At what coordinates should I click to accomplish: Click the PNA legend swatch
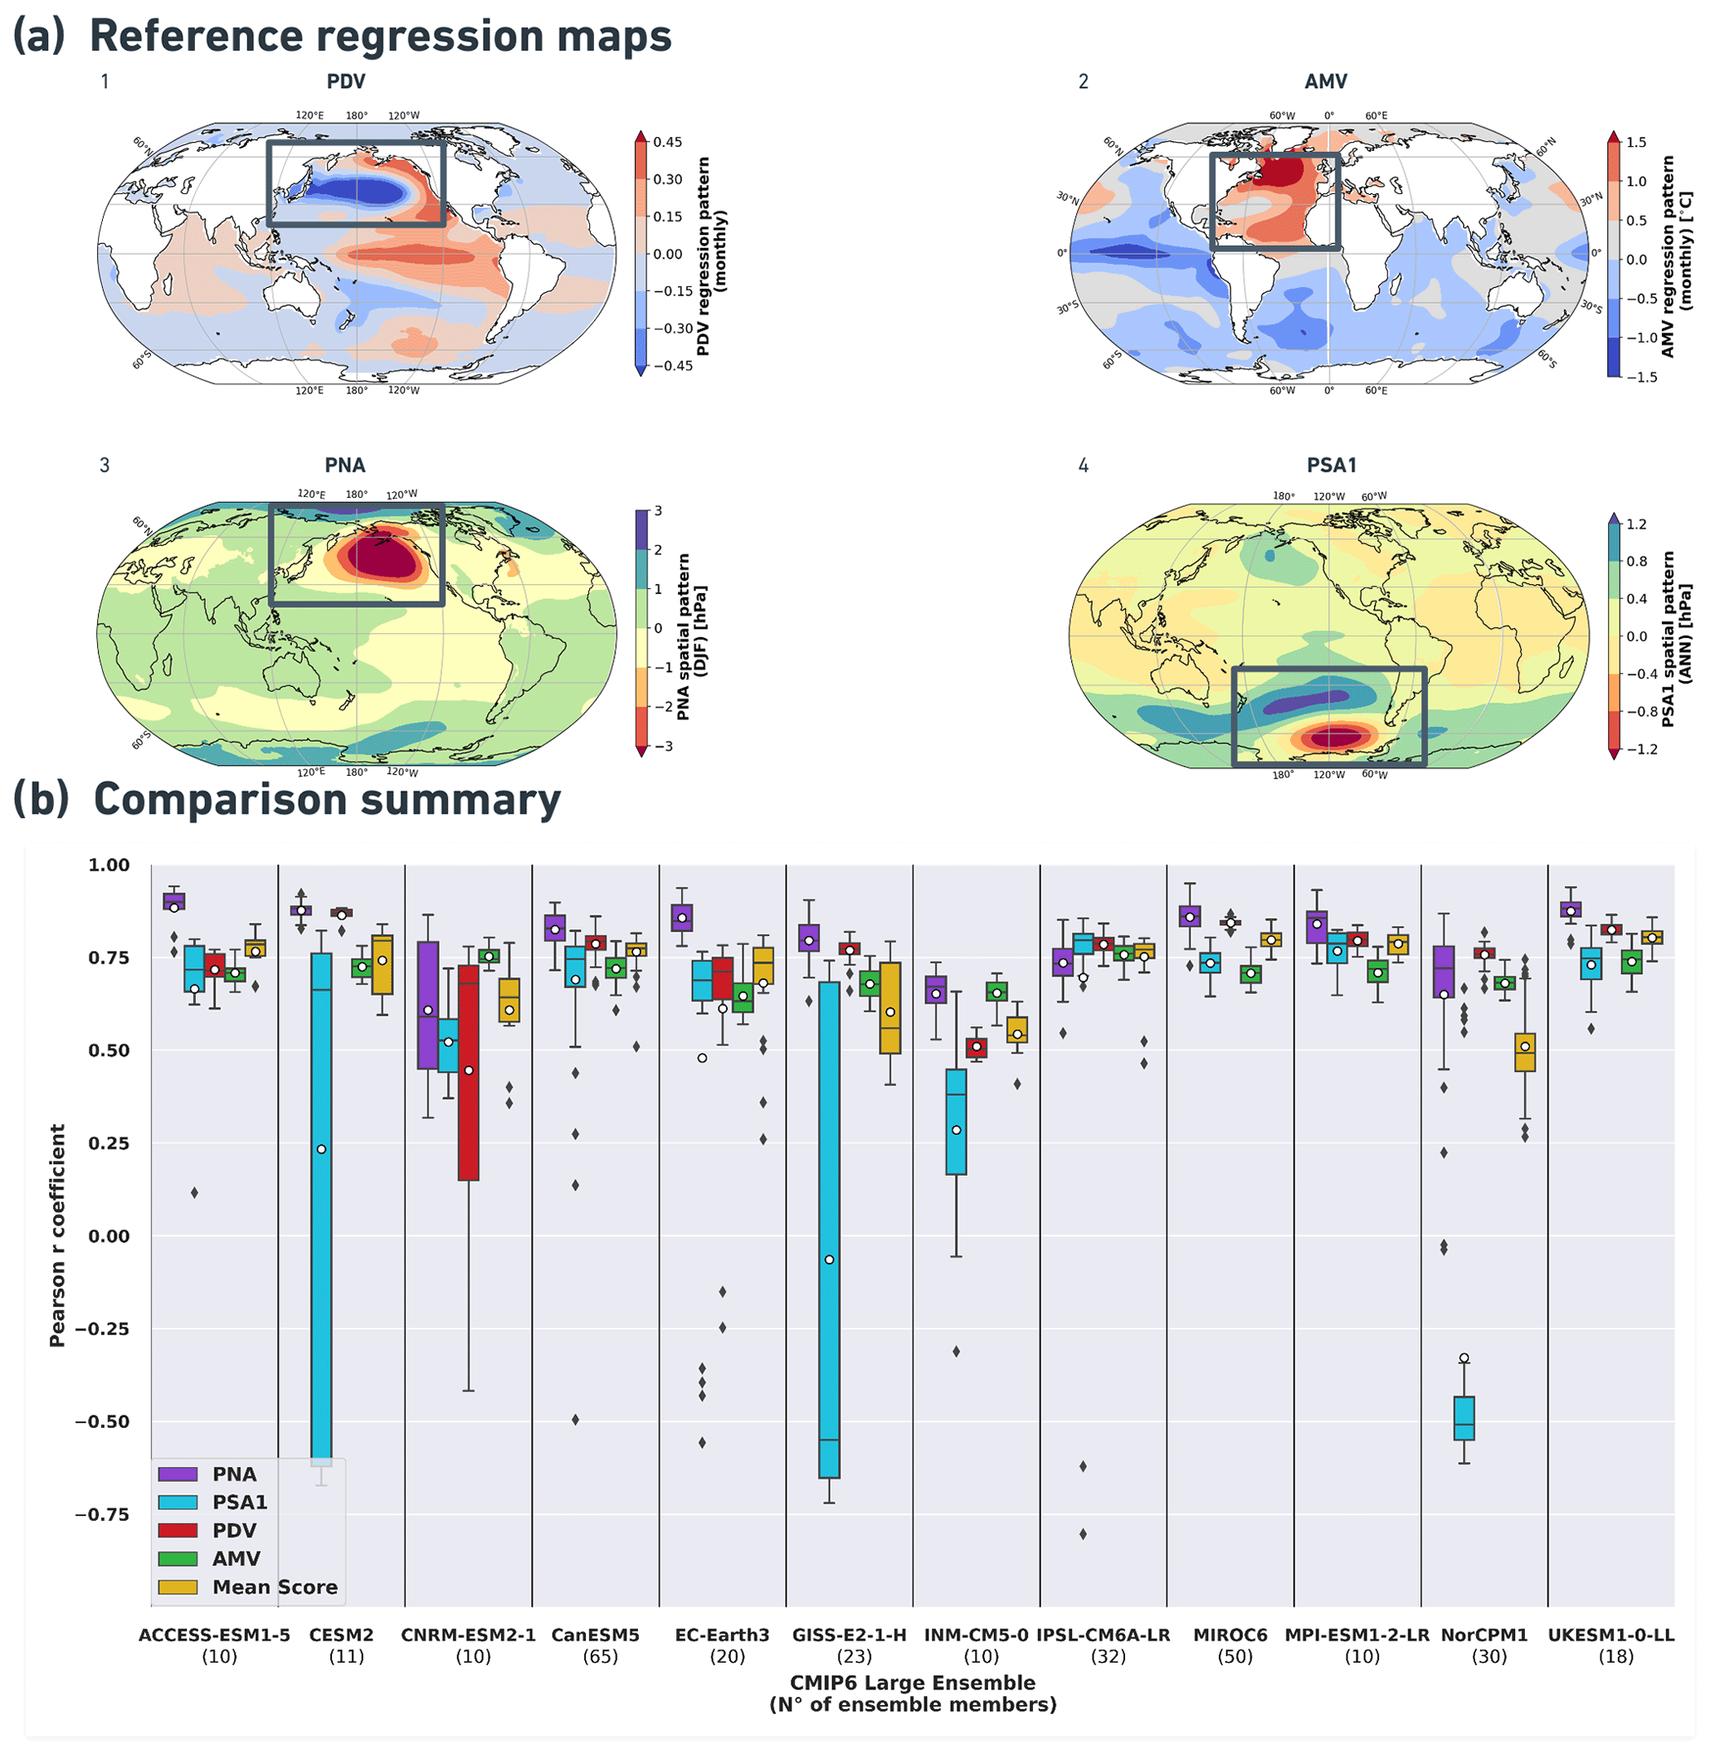tap(178, 1474)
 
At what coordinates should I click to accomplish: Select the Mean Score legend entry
tap(275, 1587)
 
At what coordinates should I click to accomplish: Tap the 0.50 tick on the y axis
tap(108, 1050)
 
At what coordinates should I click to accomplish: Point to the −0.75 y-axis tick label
tap(102, 1515)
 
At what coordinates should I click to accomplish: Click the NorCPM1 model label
tap(1484, 1635)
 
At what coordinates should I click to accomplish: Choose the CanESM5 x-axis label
tap(596, 1635)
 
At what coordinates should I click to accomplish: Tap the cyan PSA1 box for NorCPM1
tap(1464, 1419)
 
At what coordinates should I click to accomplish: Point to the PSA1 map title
tap(1332, 465)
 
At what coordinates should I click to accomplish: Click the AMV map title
tap(1326, 82)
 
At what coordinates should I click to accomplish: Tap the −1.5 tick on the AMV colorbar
tap(1635, 378)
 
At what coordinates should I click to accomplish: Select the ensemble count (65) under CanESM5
tap(600, 1656)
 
